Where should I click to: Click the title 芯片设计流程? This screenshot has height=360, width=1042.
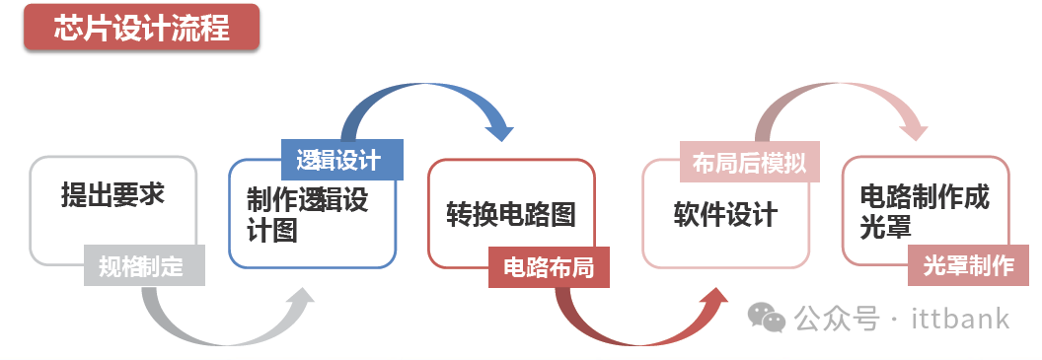click(140, 28)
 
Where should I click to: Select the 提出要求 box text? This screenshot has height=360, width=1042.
click(112, 195)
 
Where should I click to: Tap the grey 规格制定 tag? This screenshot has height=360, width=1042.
click(141, 266)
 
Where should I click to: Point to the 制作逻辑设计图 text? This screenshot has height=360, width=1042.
click(307, 215)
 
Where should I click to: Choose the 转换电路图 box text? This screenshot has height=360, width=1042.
click(510, 214)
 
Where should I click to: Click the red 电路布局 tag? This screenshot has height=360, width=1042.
click(549, 267)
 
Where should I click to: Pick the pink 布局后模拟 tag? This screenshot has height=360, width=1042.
click(749, 163)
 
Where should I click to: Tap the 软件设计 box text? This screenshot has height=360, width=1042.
click(726, 214)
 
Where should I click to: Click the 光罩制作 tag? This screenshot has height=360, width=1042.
click(968, 266)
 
